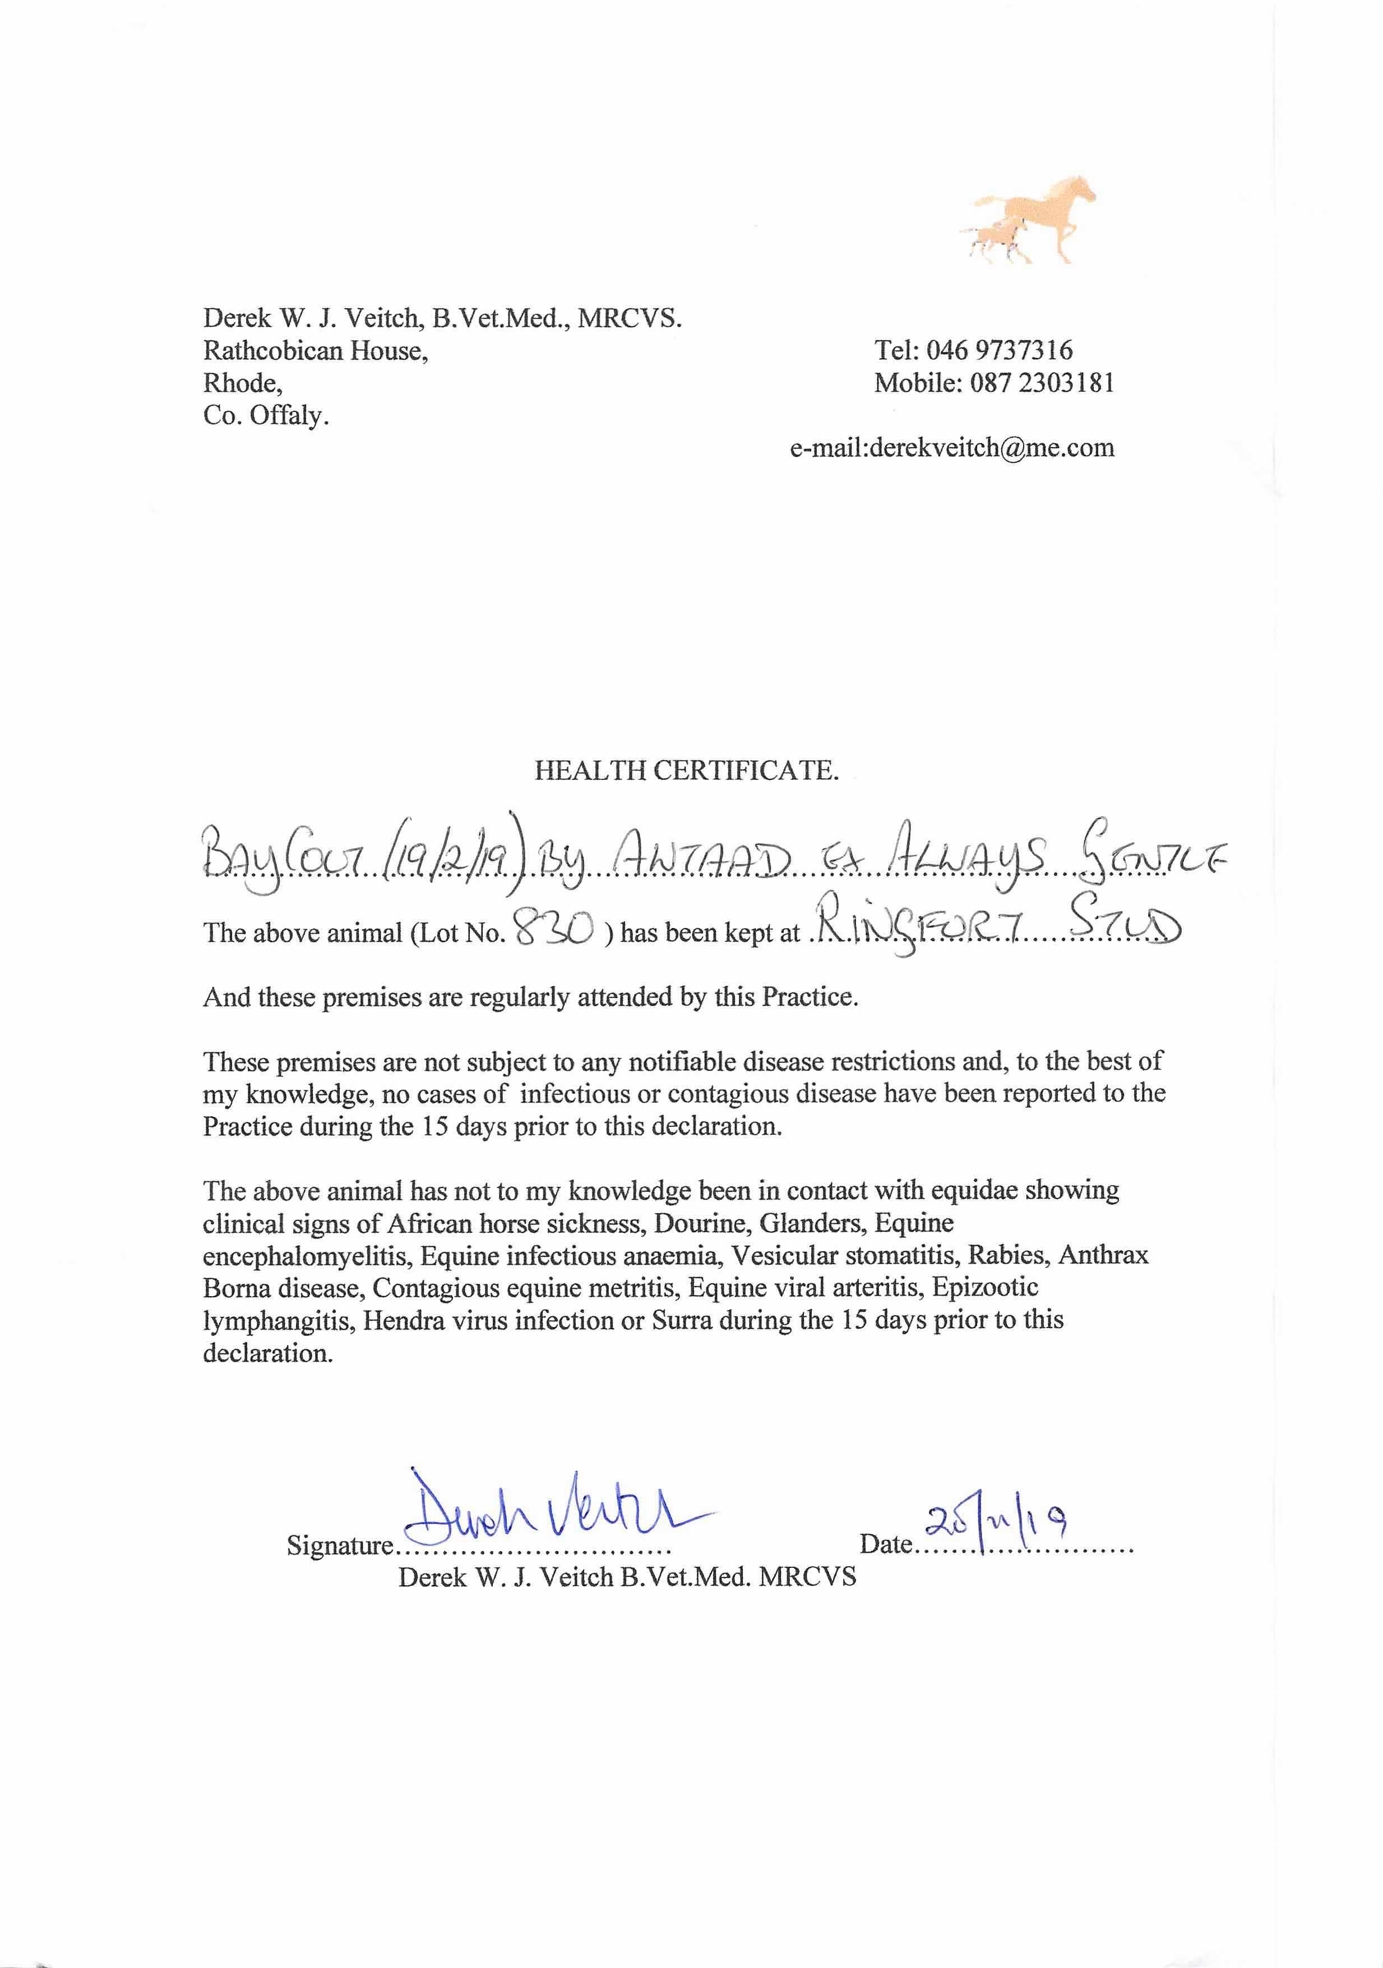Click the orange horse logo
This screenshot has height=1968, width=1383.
click(x=1029, y=219)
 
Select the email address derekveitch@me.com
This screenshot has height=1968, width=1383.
click(x=991, y=447)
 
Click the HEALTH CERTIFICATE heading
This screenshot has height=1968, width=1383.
click(x=686, y=771)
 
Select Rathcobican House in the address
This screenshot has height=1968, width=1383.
click(x=316, y=351)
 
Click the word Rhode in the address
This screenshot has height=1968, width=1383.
click(x=241, y=383)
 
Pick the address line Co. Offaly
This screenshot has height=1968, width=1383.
click(x=266, y=416)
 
